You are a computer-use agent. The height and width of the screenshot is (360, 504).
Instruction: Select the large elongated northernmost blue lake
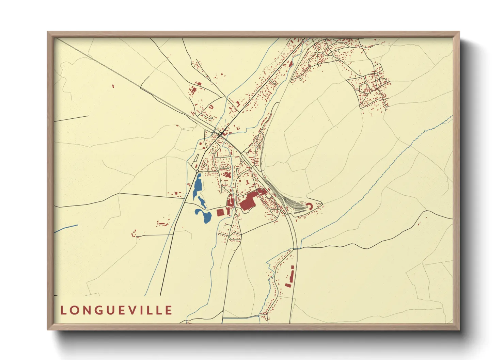coord(197,186)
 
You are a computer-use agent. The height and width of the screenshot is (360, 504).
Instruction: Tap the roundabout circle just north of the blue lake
coord(197,171)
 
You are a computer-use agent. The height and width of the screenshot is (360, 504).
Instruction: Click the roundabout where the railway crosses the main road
coord(220,134)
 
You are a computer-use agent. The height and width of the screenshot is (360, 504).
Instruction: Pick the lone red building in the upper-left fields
coord(113,86)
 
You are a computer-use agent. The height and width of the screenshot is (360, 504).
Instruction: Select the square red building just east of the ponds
coord(220,213)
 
